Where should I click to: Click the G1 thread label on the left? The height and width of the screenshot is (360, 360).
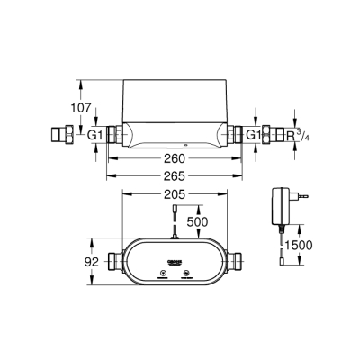coord(94,135)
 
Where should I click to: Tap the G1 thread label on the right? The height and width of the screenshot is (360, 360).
coord(255,135)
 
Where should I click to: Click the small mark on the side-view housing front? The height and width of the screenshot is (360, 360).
coord(184,143)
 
